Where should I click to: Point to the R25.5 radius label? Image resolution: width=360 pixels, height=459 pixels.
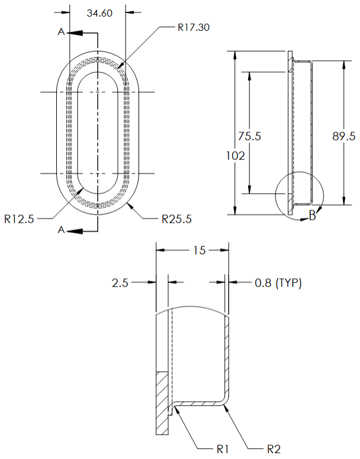pyautogui.click(x=176, y=219)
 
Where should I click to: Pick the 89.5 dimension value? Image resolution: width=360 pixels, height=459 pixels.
pyautogui.click(x=343, y=136)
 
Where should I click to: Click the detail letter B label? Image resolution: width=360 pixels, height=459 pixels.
pyautogui.click(x=312, y=217)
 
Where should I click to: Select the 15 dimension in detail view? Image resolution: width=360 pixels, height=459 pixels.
pyautogui.click(x=199, y=251)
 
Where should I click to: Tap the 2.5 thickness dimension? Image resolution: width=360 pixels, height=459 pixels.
pyautogui.click(x=120, y=283)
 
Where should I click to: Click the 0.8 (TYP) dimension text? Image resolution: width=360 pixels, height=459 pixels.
pyautogui.click(x=278, y=283)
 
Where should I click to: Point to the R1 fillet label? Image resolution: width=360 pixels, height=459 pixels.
pyautogui.click(x=223, y=449)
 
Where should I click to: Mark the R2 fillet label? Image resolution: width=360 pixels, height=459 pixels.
pyautogui.click(x=273, y=449)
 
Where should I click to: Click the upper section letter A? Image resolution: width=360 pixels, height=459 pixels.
pyautogui.click(x=61, y=33)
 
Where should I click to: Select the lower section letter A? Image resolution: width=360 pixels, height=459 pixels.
pyautogui.click(x=61, y=230)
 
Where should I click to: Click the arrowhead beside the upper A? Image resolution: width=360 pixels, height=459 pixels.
pyautogui.click(x=74, y=33)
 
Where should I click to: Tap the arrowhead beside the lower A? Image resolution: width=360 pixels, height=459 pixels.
pyautogui.click(x=74, y=230)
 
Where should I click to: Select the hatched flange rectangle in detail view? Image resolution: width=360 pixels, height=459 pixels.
pyautogui.click(x=161, y=402)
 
